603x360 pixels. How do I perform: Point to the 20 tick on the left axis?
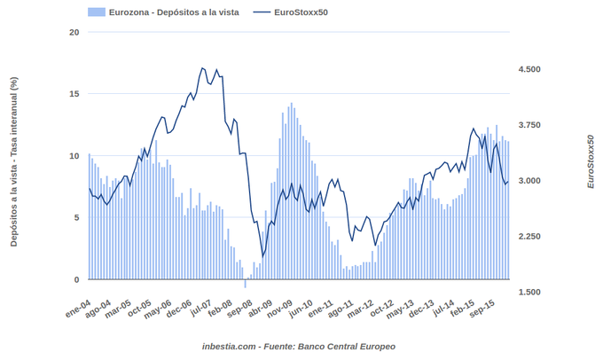74,33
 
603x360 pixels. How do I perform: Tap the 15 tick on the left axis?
74,94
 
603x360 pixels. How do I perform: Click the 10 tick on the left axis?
74,156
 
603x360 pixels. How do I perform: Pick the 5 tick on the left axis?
75,217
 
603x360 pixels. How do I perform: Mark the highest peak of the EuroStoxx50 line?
202,68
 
